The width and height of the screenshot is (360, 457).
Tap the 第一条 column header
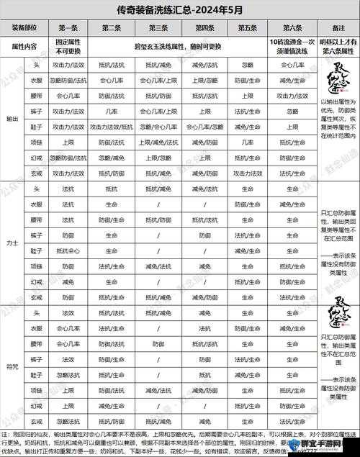pos(68,27)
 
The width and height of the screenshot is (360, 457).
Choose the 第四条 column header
pos(204,27)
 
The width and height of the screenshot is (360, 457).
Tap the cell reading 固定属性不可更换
pos(68,45)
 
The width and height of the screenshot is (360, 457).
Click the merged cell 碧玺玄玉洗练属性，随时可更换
pos(180,45)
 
